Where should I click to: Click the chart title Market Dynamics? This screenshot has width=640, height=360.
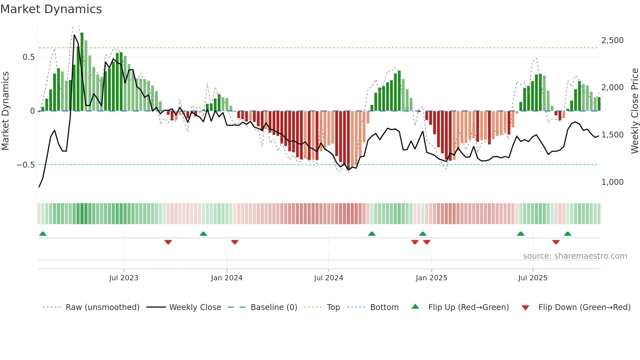pyautogui.click(x=51, y=9)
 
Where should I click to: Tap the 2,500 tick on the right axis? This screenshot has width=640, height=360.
pyautogui.click(x=612, y=41)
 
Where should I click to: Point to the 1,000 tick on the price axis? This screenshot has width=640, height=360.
pyautogui.click(x=612, y=182)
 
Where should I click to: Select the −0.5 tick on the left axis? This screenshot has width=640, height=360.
pyautogui.click(x=25, y=165)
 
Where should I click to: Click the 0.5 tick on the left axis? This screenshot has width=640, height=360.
pyautogui.click(x=28, y=57)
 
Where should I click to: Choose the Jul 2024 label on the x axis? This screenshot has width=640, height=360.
pyautogui.click(x=328, y=278)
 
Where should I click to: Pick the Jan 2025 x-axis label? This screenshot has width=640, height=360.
pyautogui.click(x=431, y=278)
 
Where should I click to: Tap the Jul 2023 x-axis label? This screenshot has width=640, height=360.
pyautogui.click(x=124, y=278)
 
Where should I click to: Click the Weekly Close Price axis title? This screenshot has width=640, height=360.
pyautogui.click(x=634, y=111)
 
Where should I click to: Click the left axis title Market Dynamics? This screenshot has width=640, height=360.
pyautogui.click(x=5, y=111)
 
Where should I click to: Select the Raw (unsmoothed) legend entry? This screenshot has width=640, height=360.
pyautogui.click(x=102, y=307)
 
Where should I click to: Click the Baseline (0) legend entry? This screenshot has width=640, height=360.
pyautogui.click(x=274, y=307)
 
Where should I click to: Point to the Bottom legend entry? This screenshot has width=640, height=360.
pyautogui.click(x=384, y=307)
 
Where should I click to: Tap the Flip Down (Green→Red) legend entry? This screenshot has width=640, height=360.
pyautogui.click(x=584, y=307)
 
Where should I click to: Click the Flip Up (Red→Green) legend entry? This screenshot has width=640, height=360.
pyautogui.click(x=468, y=307)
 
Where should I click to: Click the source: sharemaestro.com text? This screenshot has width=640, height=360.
pyautogui.click(x=575, y=256)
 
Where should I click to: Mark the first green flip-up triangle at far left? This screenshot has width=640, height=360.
pyautogui.click(x=43, y=234)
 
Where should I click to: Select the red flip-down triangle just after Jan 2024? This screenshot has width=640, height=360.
pyautogui.click(x=235, y=242)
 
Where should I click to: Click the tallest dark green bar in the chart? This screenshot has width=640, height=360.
pyautogui.click(x=82, y=72)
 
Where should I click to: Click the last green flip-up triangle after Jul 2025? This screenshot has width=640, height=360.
pyautogui.click(x=568, y=234)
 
